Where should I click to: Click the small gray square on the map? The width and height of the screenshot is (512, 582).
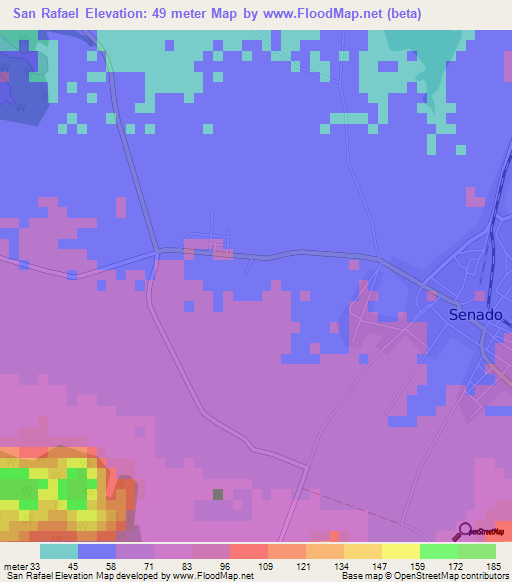point(218,493)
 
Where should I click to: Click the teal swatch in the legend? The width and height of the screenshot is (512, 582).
point(59,550)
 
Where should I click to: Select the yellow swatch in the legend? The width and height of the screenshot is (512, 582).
point(401,550)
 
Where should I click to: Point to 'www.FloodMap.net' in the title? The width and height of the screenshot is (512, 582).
point(314,14)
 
